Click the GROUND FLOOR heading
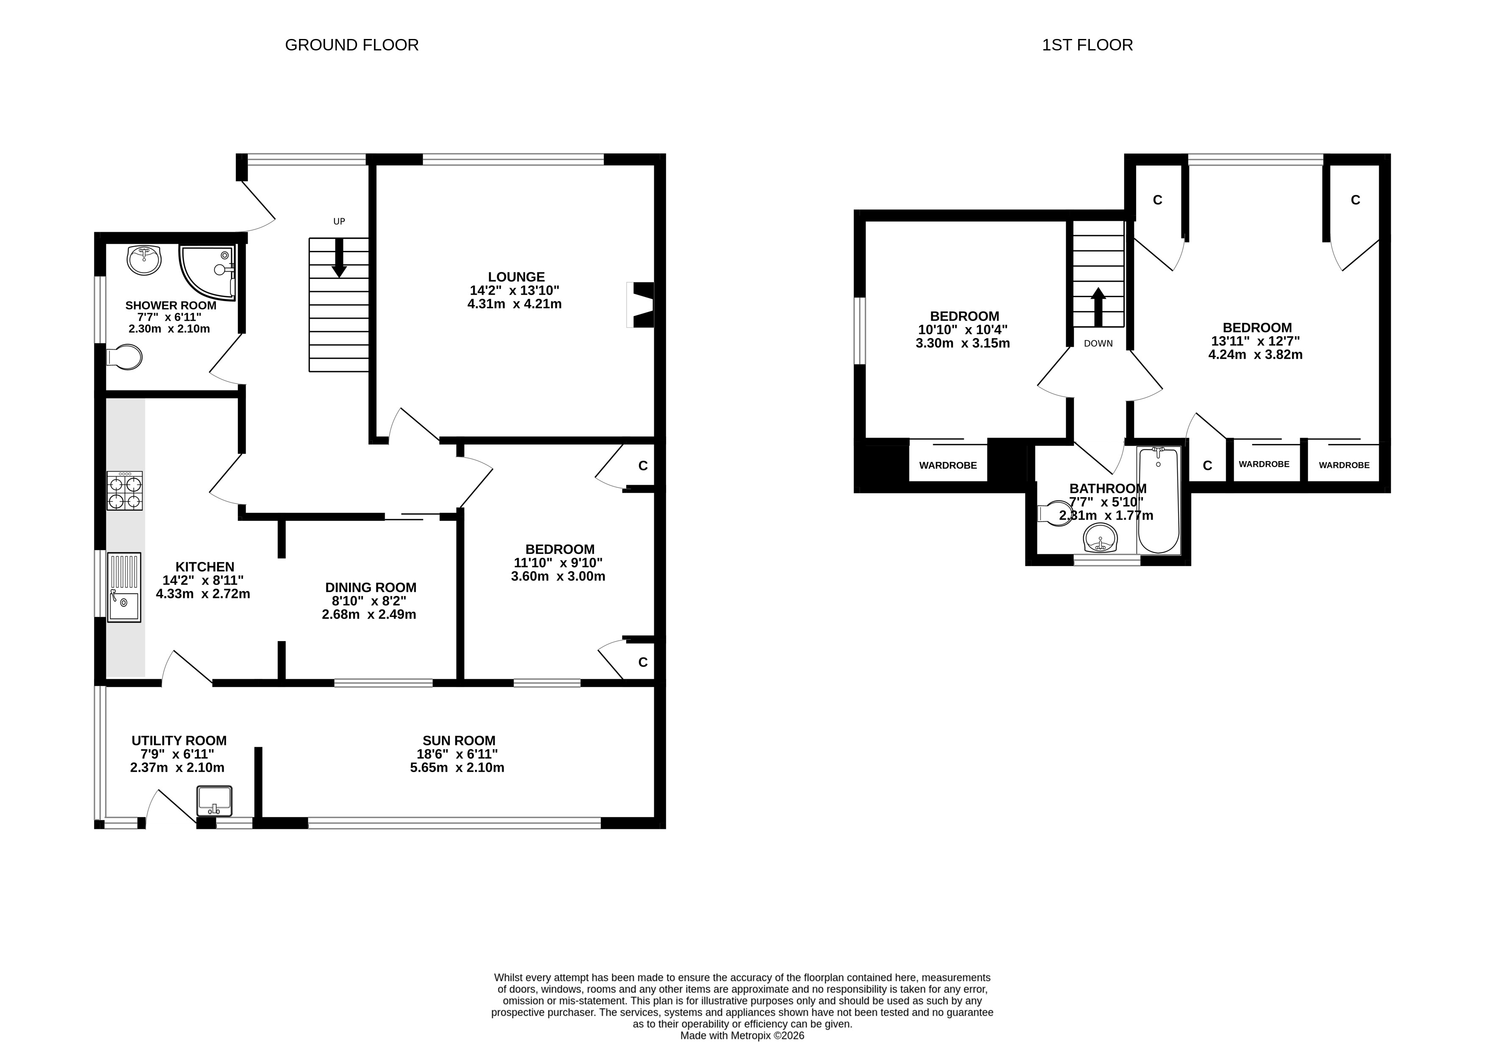point(352,44)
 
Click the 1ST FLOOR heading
point(1087,44)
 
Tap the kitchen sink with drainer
point(124,587)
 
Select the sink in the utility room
point(215,800)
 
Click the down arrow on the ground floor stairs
point(339,258)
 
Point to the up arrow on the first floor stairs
point(1098,307)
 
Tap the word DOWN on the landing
point(1098,344)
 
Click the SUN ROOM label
point(459,740)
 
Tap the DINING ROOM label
point(371,588)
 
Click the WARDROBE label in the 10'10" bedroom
point(948,465)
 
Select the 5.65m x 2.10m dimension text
point(457,767)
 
